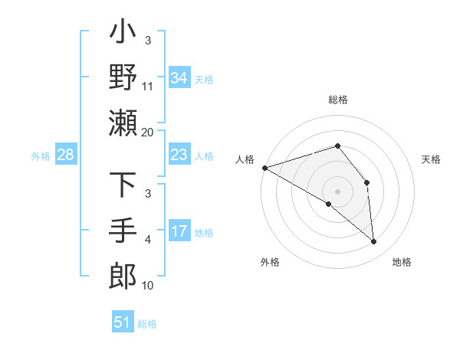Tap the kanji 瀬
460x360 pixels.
coord(123,123)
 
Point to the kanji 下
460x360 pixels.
coord(123,186)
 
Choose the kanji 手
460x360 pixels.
coord(123,231)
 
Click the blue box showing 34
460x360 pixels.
coord(179,78)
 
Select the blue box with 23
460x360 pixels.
coord(179,155)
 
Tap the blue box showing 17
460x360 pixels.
coord(179,231)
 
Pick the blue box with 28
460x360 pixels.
coord(65,155)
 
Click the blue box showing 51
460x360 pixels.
coord(123,322)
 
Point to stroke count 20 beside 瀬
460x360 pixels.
coord(148,132)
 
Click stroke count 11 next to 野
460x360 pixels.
coord(148,87)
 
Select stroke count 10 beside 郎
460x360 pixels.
coord(148,285)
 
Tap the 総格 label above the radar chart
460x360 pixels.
coord(337,100)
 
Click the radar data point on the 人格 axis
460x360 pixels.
coord(264,168)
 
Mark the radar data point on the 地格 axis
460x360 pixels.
coord(373,241)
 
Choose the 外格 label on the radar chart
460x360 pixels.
coord(270,263)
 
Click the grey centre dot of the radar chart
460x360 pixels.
coord(337,191)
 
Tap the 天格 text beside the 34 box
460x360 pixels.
coord(204,79)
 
